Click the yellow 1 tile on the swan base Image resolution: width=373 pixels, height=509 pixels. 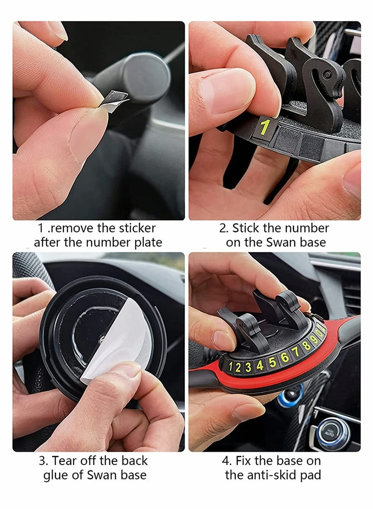click(x=264, y=127)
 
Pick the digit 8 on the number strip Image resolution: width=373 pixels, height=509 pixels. click(x=306, y=346)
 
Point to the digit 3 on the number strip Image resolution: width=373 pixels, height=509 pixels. click(x=248, y=367)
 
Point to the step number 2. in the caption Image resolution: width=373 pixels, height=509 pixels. click(x=224, y=228)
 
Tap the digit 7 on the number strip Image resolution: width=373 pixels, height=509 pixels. click(x=295, y=351)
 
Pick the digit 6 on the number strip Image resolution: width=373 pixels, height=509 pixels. click(x=284, y=356)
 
